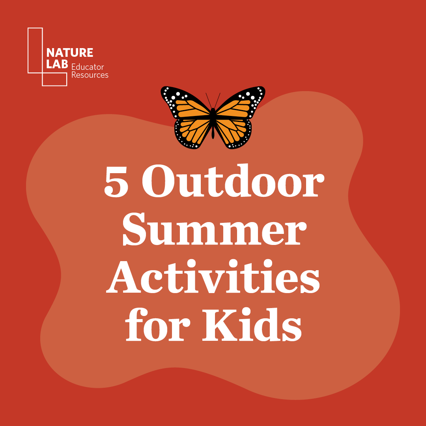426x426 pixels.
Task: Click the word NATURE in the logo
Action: (70, 52)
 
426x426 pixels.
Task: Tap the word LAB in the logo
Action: (57, 64)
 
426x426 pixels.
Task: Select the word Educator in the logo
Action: (88, 67)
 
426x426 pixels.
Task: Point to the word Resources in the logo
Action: (90, 75)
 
